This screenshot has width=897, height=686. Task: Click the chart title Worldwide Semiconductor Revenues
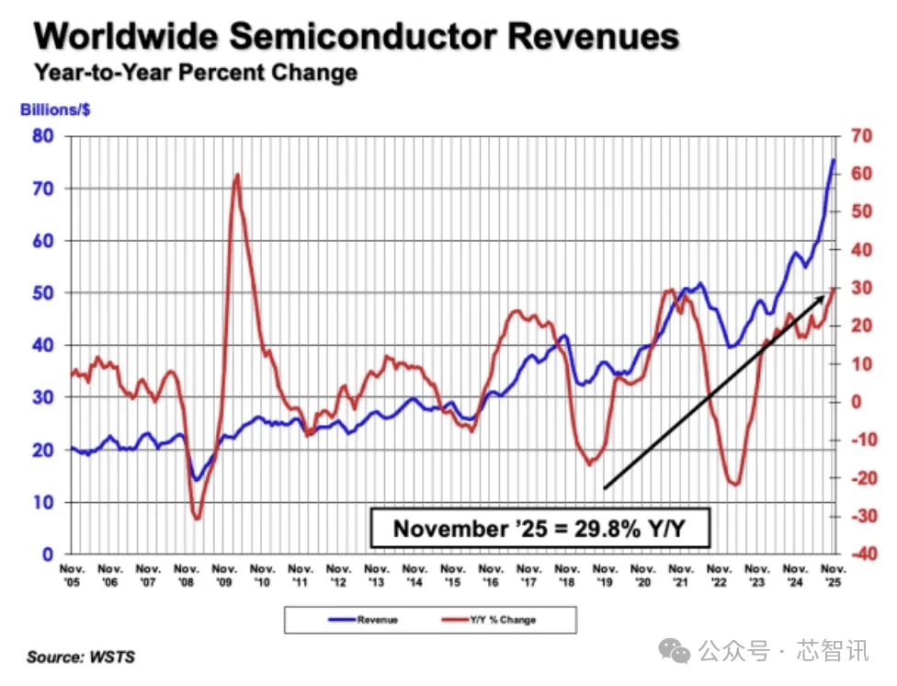pos(357,37)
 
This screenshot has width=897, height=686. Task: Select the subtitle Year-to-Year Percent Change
pos(195,73)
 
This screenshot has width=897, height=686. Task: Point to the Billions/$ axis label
pos(54,109)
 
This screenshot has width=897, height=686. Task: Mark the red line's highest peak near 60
pos(237,174)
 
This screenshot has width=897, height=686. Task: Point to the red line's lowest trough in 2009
pos(196,520)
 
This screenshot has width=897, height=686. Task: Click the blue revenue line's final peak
pos(834,160)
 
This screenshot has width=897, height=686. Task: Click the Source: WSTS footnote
pos(81,657)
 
